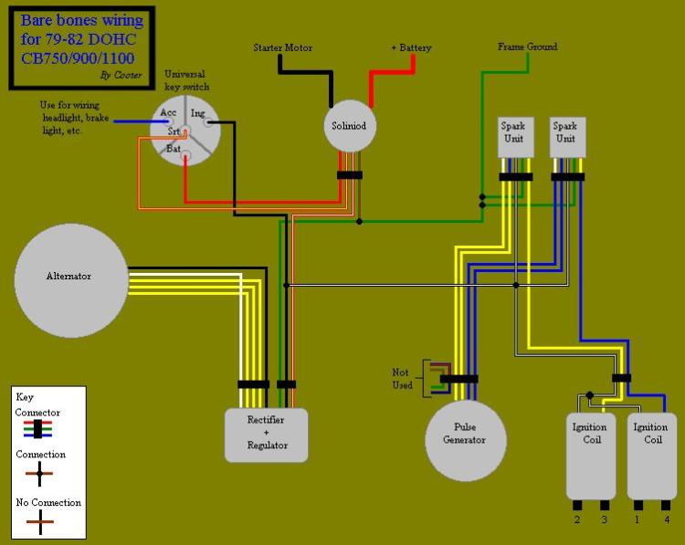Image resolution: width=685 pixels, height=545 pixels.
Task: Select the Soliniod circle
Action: click(349, 125)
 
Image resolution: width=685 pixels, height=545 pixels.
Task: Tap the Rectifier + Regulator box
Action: click(267, 434)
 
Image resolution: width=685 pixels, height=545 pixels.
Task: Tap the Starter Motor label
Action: click(283, 47)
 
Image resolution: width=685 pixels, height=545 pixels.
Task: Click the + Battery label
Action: click(411, 47)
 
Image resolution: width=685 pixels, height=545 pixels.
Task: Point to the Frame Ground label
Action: click(527, 47)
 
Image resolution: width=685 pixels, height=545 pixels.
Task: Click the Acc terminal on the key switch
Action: click(169, 113)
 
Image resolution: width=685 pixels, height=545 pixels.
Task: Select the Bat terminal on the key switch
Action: click(174, 148)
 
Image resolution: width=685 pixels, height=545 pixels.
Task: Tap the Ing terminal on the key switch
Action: click(197, 113)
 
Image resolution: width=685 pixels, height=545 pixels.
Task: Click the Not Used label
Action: click(403, 379)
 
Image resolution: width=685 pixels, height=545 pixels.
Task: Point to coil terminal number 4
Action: click(667, 519)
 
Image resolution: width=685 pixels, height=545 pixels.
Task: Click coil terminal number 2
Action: click(577, 519)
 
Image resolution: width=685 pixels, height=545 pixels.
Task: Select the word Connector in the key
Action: click(37, 413)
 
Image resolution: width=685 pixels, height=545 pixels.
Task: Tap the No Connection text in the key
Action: click(48, 502)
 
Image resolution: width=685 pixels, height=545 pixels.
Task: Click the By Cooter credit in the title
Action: click(121, 75)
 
